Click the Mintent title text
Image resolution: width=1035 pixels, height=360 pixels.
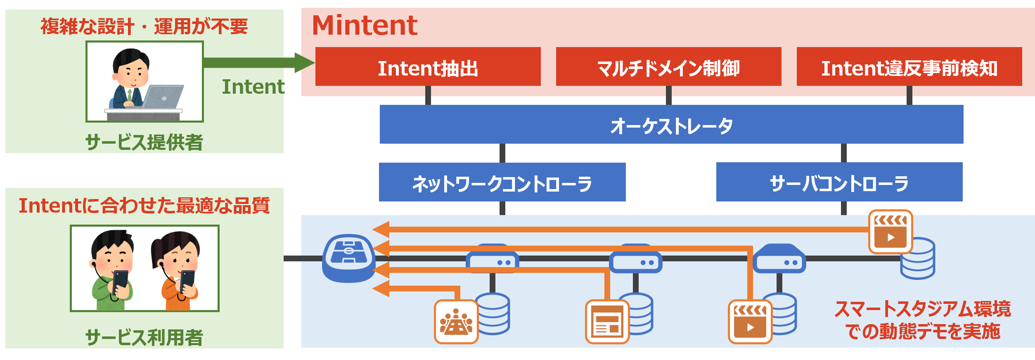(x=365, y=25)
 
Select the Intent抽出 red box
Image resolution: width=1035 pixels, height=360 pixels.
(x=428, y=66)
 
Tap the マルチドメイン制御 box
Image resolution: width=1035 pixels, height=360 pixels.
(x=668, y=66)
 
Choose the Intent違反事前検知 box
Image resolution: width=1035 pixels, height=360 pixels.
(x=909, y=66)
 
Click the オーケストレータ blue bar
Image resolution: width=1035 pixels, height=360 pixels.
(x=671, y=124)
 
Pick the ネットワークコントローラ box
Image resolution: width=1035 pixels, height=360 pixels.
(x=502, y=182)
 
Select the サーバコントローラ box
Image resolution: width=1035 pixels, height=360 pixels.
(x=839, y=182)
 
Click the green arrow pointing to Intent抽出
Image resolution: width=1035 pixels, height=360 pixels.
(x=259, y=63)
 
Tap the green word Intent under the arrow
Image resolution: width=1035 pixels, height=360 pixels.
(x=253, y=87)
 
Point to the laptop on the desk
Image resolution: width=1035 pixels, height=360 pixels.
(x=163, y=97)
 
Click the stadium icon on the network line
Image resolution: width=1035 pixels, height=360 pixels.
(x=348, y=258)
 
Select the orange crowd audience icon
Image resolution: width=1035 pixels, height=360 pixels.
(x=456, y=322)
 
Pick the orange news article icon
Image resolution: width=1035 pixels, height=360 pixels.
(x=607, y=322)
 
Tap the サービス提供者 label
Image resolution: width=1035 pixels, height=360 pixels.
(x=144, y=142)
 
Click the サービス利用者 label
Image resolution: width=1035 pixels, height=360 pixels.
(x=144, y=337)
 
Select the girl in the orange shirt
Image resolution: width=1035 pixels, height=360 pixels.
(x=177, y=271)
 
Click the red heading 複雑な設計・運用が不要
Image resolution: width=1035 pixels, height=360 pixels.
(x=144, y=27)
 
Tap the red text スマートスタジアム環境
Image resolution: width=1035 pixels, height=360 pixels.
(x=923, y=309)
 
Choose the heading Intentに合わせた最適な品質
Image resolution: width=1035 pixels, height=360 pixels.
(x=144, y=206)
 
